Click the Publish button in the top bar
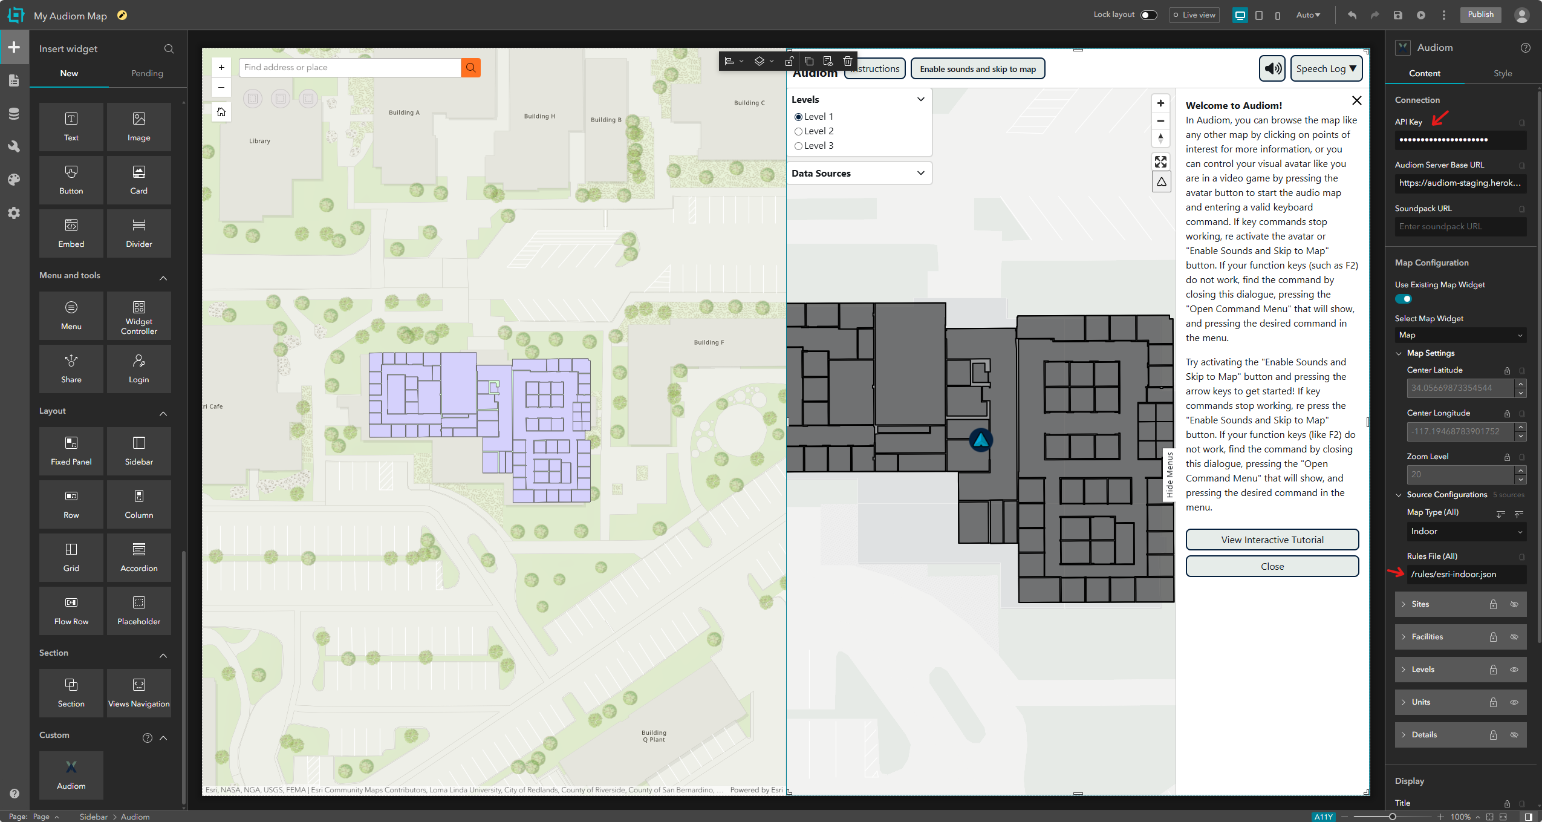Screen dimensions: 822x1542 tap(1480, 15)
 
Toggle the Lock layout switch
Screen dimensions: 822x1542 tap(1148, 15)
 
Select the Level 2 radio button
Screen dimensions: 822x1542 tap(798, 131)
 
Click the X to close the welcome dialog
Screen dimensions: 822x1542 tap(1356, 100)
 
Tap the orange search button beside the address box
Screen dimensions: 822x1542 tap(470, 68)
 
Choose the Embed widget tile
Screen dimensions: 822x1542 tap(71, 233)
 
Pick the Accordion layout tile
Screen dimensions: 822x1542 tap(138, 557)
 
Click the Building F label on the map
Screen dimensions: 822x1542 tap(709, 342)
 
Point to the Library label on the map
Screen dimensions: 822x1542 tap(259, 141)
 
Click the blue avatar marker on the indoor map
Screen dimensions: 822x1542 tap(980, 440)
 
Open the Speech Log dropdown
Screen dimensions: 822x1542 tap(1326, 69)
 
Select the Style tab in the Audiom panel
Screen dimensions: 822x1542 tap(1502, 73)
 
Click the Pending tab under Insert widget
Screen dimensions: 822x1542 tap(147, 73)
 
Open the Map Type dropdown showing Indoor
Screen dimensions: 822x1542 tap(1466, 532)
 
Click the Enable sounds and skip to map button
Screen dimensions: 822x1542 tap(977, 69)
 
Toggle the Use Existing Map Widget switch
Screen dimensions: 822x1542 tap(1403, 299)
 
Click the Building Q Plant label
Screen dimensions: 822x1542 tap(654, 736)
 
